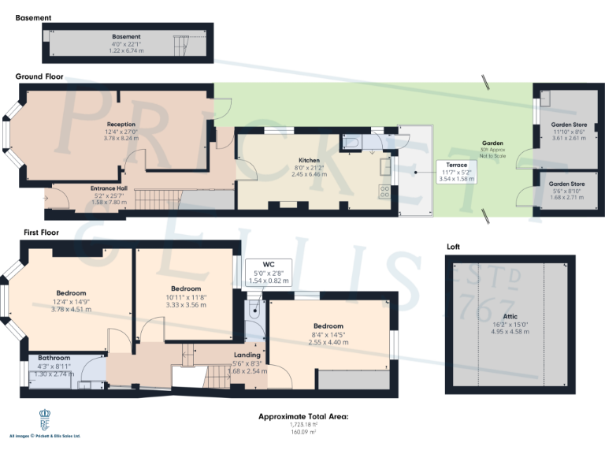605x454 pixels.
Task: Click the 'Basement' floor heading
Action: [x=33, y=17]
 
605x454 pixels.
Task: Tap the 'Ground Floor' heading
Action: [x=39, y=77]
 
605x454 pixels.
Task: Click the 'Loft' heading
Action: [x=453, y=247]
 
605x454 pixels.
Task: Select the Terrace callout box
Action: [x=456, y=173]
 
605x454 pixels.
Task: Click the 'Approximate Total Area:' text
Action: [x=303, y=416]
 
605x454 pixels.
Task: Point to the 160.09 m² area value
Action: [x=303, y=432]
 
